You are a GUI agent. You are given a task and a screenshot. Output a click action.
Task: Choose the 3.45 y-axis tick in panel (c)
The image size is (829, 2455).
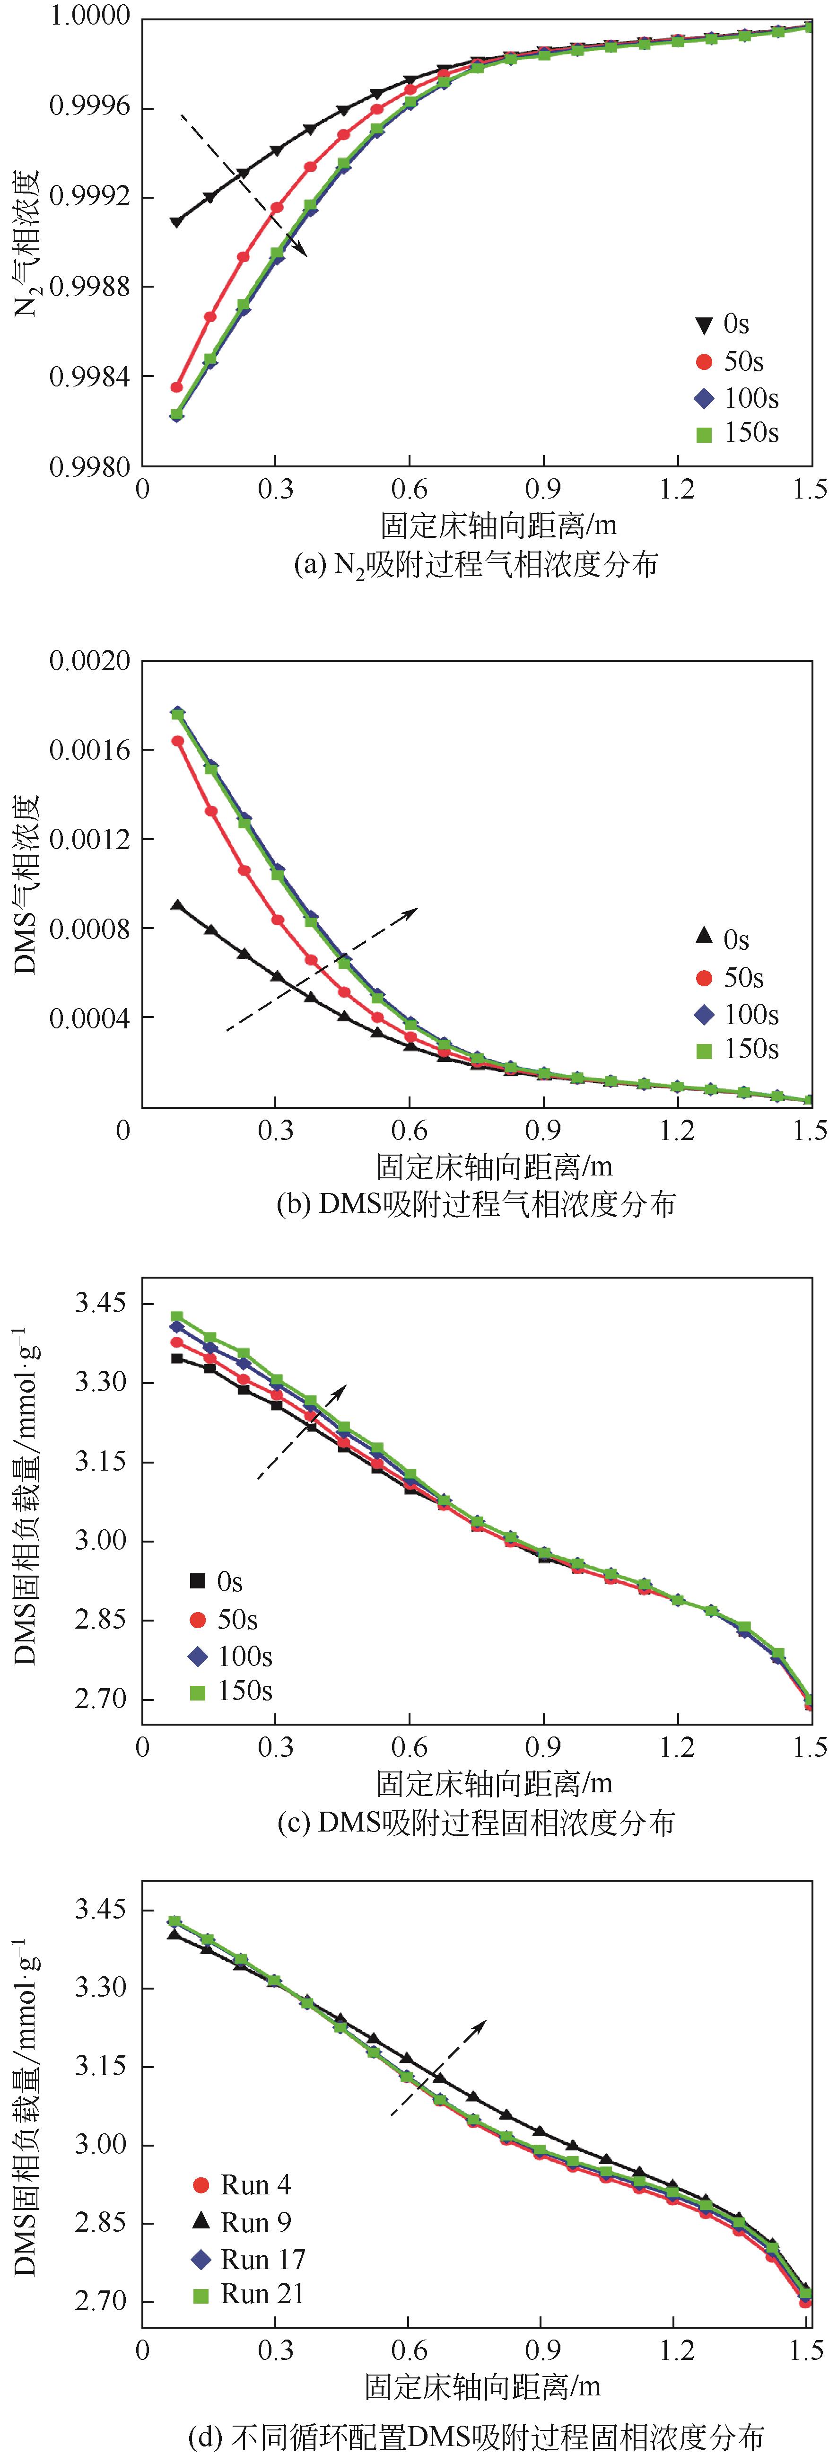pos(100,1303)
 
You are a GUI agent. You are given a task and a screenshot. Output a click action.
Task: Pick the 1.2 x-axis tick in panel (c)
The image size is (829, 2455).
pos(678,1747)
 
